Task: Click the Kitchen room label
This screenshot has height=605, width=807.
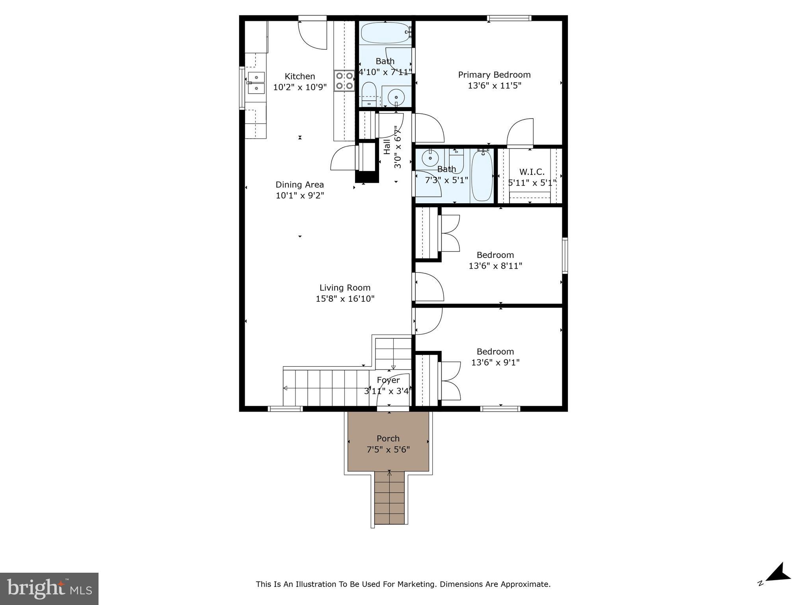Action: [300, 76]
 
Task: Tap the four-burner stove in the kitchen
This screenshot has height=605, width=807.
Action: [344, 81]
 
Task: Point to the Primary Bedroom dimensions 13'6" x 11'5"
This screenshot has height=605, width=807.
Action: [494, 85]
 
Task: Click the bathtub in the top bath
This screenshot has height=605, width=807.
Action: [385, 32]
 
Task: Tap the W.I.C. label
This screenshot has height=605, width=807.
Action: [532, 172]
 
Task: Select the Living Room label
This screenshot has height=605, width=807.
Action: [345, 288]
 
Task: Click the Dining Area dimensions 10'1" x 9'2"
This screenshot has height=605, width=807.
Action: [299, 195]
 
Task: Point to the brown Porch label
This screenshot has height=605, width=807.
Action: [388, 438]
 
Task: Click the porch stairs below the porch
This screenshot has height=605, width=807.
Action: [389, 498]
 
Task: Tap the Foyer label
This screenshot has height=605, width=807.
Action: [388, 380]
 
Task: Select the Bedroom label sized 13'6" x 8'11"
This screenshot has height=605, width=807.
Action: [495, 255]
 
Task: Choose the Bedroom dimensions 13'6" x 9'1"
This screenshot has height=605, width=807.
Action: [495, 362]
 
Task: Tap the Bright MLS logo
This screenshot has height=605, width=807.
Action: [49, 588]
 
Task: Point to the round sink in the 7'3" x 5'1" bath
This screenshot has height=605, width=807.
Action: [430, 158]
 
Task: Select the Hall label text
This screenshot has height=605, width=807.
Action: [387, 147]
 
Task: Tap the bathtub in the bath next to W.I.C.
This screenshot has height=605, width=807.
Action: [482, 176]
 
